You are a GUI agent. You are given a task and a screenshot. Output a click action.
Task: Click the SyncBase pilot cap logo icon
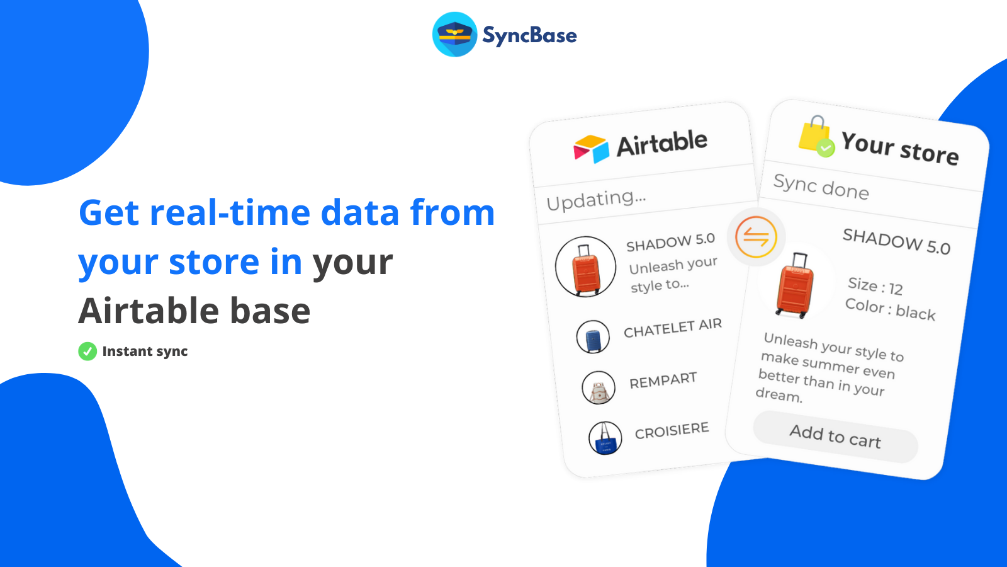[x=454, y=35]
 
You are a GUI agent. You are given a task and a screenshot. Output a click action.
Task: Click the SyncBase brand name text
[x=529, y=35]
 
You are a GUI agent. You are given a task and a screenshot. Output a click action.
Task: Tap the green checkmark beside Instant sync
[x=87, y=352]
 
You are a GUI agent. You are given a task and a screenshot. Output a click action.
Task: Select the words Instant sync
[x=145, y=352]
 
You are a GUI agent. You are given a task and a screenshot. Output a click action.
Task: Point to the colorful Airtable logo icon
[x=591, y=149]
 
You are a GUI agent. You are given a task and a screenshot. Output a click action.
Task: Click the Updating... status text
[x=596, y=200]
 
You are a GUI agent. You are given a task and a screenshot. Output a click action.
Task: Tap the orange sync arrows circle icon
[x=756, y=237]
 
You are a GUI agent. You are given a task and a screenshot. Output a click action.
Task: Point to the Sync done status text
[x=821, y=186]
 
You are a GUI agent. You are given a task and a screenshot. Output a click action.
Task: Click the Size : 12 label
[x=875, y=286]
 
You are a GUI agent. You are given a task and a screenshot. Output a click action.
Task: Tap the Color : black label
[x=890, y=309]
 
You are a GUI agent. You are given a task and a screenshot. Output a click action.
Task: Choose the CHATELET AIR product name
[x=672, y=328]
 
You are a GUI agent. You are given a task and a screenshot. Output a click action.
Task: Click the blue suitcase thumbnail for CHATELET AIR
[x=593, y=337]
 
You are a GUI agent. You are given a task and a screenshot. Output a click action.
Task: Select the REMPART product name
[x=663, y=381]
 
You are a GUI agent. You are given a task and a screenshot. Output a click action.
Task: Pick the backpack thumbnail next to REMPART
[x=599, y=388]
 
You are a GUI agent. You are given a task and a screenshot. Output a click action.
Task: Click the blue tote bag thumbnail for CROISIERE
[x=605, y=438]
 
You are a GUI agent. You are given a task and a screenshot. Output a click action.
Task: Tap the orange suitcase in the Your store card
[x=794, y=287]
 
